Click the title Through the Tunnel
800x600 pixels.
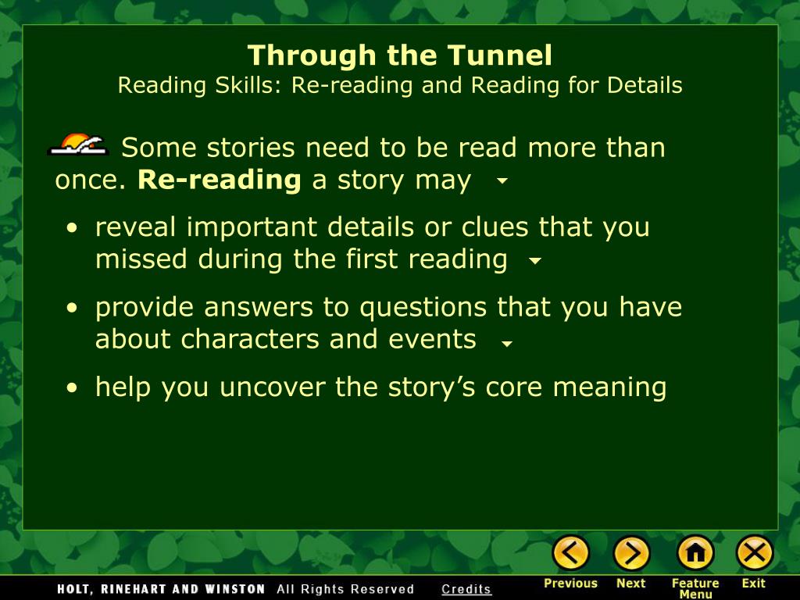(x=400, y=55)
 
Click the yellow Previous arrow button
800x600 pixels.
(x=571, y=553)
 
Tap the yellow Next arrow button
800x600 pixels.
(x=631, y=553)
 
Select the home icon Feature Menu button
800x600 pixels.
(x=695, y=553)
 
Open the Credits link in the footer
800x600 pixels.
(x=466, y=589)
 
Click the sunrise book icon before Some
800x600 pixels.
(x=78, y=145)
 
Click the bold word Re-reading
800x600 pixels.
(x=220, y=180)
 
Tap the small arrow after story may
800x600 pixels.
(x=502, y=182)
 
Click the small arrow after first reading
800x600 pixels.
(x=535, y=262)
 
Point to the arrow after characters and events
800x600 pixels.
(x=507, y=343)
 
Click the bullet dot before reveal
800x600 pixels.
(x=72, y=228)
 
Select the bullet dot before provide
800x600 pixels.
(x=72, y=309)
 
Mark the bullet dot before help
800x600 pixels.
(x=72, y=388)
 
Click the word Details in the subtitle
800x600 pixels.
(x=648, y=85)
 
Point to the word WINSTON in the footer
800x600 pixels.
(x=234, y=589)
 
